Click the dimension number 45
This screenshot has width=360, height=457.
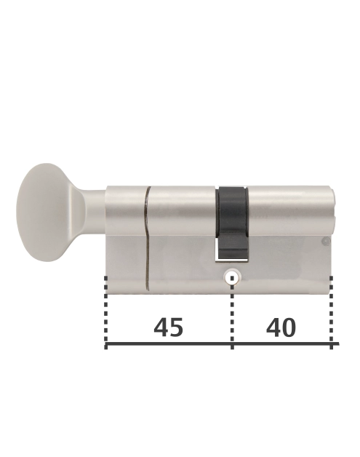[168, 327]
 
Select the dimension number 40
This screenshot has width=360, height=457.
[281, 327]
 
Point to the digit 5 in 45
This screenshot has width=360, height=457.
[176, 327]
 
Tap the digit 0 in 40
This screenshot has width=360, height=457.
[289, 327]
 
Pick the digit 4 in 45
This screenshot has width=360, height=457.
[161, 327]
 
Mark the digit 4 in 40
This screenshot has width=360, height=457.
[273, 327]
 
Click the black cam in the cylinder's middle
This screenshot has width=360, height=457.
[233, 223]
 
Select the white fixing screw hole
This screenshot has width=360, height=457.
[232, 277]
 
